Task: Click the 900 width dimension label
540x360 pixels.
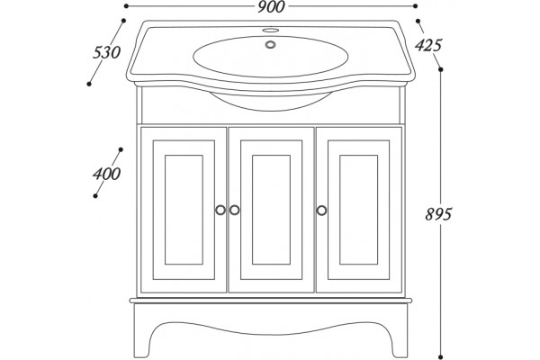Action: point(271,7)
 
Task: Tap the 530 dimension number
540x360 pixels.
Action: point(106,53)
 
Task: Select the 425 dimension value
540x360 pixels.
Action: point(427,45)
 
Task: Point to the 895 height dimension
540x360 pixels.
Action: point(437,214)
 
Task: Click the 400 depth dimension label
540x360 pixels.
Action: point(106,174)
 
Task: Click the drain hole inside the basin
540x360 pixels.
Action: point(270,44)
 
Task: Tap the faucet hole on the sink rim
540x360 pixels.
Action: point(270,30)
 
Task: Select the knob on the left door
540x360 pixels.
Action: point(220,210)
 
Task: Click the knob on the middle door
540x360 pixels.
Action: point(235,210)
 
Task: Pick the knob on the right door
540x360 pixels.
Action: point(321,210)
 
